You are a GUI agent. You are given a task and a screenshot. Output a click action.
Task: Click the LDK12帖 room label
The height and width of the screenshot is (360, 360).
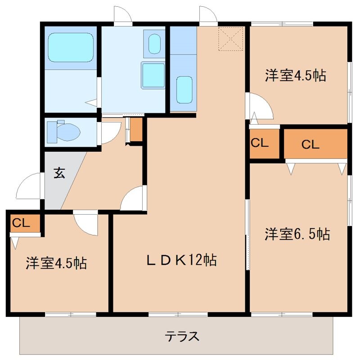click(181, 260)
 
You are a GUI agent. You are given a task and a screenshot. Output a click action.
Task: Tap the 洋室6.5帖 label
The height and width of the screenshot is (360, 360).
click(297, 234)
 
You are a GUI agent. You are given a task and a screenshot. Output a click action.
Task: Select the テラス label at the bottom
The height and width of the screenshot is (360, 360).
click(182, 336)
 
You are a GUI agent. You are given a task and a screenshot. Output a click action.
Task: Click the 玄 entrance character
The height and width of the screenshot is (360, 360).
click(59, 173)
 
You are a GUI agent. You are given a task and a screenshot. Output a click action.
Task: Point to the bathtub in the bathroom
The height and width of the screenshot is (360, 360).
click(71, 47)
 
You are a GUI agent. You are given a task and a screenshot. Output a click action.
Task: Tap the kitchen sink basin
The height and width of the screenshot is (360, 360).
click(184, 90)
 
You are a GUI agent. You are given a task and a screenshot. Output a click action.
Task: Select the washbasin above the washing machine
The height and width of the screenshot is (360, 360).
click(154, 44)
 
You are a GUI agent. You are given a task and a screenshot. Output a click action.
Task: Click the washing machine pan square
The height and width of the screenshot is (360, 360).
click(153, 75)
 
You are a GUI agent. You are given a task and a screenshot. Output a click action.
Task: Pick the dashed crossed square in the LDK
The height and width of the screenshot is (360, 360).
click(231, 39)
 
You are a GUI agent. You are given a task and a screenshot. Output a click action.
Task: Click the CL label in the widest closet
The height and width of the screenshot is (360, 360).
click(310, 144)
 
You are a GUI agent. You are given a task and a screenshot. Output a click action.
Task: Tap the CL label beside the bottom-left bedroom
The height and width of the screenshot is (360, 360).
click(21, 223)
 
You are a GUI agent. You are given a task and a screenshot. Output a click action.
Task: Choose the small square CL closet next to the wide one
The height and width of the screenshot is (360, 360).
click(264, 144)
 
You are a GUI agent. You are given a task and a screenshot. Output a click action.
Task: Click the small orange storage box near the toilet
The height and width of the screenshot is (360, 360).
click(136, 130)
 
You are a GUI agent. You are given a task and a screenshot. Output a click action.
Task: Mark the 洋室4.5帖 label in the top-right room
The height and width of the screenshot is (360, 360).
click(296, 75)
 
